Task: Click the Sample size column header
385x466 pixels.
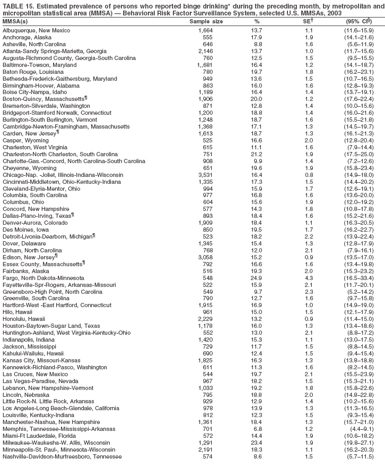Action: [x=206, y=21]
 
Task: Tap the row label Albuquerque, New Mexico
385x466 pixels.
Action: [x=36, y=31]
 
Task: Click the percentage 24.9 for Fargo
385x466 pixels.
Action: [x=257, y=278]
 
